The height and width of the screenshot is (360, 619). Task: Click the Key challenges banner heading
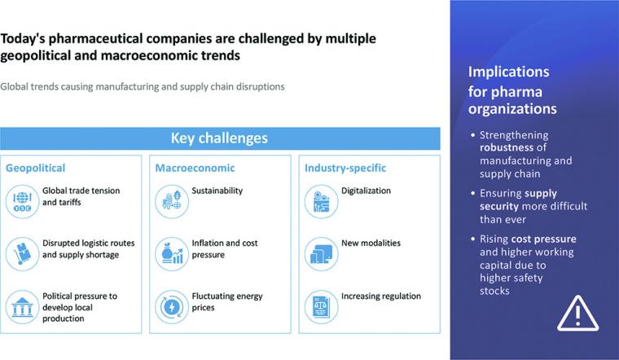click(219, 138)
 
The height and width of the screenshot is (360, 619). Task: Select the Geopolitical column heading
click(35, 168)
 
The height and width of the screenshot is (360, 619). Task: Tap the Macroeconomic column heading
click(195, 168)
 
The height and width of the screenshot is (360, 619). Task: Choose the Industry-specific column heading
click(345, 168)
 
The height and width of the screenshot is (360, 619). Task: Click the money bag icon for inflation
click(172, 254)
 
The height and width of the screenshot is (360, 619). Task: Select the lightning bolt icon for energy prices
click(172, 307)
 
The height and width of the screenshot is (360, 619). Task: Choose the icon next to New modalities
click(321, 254)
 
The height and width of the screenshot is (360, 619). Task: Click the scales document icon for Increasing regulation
click(321, 307)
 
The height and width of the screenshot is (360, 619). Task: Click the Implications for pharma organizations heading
click(512, 90)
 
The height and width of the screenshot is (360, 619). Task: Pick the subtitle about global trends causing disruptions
click(143, 86)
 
